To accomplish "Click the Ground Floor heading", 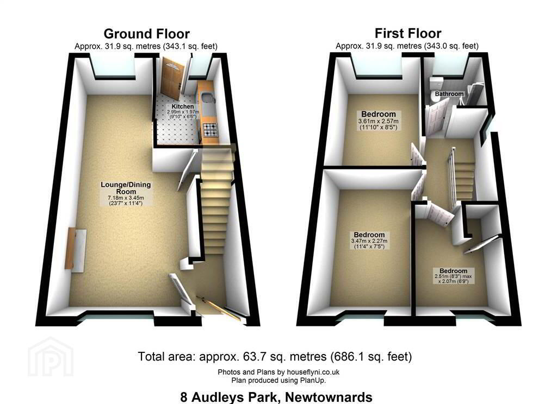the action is [x=146, y=34].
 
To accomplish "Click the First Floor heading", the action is [x=408, y=33].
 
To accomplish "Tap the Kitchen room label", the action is [x=183, y=106].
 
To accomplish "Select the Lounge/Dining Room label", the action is [x=126, y=188].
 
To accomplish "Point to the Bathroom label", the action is [x=449, y=94].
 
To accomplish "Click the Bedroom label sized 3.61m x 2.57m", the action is [x=379, y=114].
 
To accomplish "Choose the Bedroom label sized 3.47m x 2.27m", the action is [x=369, y=235].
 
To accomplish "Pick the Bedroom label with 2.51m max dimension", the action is [x=453, y=271].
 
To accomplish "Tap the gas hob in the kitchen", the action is [x=211, y=130].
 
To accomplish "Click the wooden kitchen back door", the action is [x=172, y=81].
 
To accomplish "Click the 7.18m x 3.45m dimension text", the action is [x=126, y=198].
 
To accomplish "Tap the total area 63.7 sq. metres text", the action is [x=275, y=356].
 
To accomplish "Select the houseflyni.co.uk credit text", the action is [x=278, y=372].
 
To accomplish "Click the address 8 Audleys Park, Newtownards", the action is [x=276, y=397].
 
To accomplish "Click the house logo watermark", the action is [x=51, y=356].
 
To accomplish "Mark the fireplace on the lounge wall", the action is [x=76, y=249].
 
